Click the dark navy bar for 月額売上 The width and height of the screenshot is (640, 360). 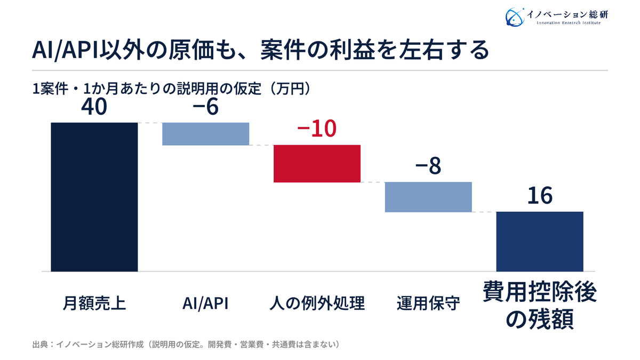(x=94, y=197)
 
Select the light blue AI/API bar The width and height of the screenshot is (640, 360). (x=206, y=134)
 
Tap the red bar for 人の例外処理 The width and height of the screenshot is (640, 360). (x=317, y=164)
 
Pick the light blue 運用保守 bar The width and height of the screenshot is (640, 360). (x=428, y=197)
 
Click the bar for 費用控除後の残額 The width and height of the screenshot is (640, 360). (x=540, y=242)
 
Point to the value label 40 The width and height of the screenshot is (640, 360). (x=94, y=107)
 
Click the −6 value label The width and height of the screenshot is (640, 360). (x=206, y=107)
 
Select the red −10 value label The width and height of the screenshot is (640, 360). (x=317, y=129)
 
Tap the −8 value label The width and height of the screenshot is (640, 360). (x=428, y=166)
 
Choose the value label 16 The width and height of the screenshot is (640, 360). (x=540, y=196)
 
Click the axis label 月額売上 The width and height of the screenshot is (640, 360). (x=94, y=303)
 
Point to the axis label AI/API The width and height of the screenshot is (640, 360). (x=205, y=303)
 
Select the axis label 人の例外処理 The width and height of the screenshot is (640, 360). (x=317, y=303)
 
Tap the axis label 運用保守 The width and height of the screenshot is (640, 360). (x=428, y=303)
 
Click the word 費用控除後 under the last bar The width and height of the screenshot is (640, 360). (x=540, y=292)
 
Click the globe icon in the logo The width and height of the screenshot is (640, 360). (x=515, y=17)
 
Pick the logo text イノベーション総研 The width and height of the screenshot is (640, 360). (x=567, y=14)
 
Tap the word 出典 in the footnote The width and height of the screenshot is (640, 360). (x=40, y=345)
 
